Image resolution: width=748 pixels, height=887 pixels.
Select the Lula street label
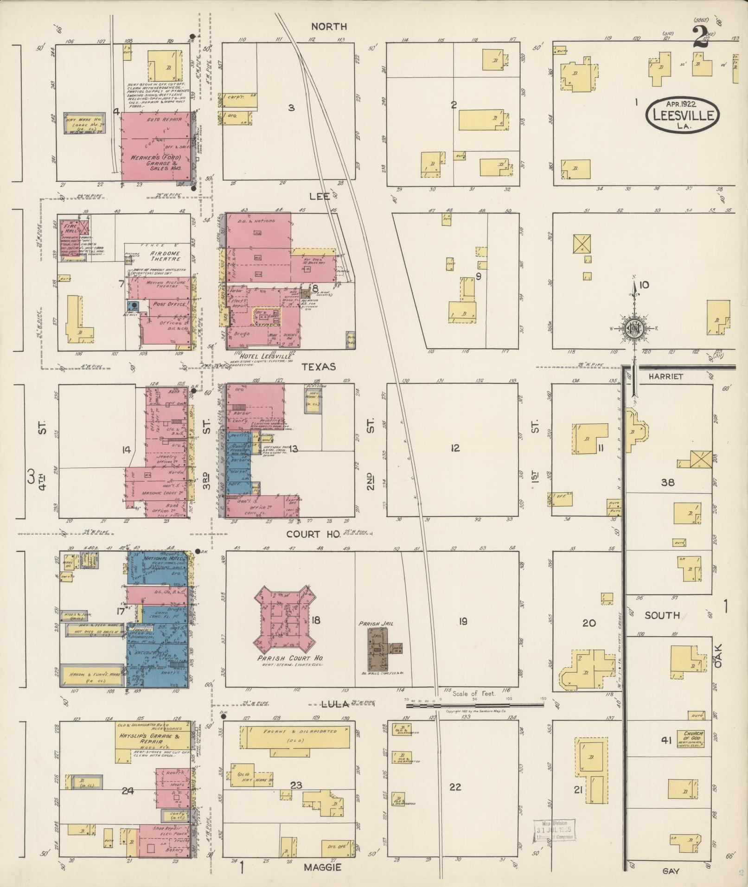click(335, 718)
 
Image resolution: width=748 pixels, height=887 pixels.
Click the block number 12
click(455, 448)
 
